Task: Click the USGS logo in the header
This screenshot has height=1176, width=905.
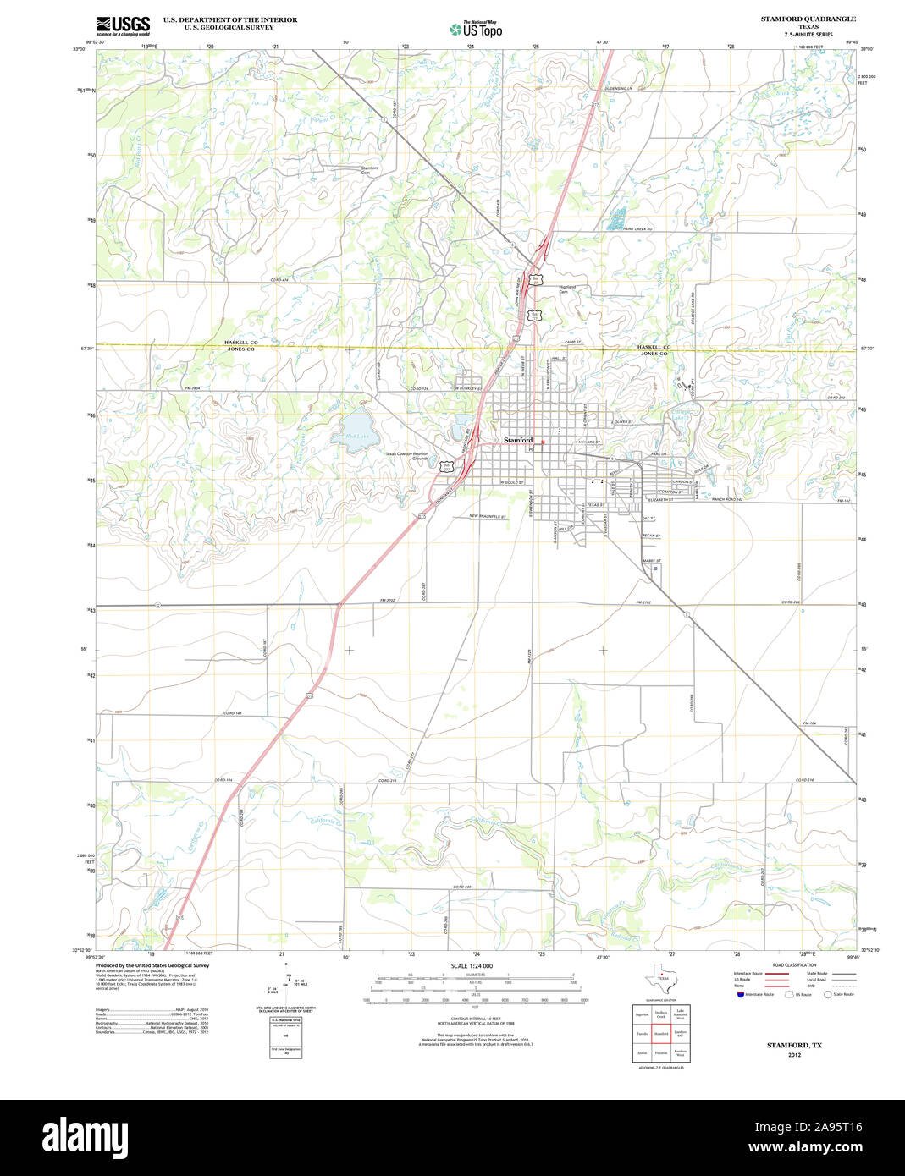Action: tap(123, 25)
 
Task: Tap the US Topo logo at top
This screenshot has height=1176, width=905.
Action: tap(476, 28)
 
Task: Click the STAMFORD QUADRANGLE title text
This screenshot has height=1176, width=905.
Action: tap(808, 19)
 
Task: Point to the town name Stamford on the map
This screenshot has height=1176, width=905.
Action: tap(518, 440)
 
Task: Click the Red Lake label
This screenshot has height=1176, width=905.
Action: tap(356, 437)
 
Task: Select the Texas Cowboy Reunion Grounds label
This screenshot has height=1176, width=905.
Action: tap(407, 455)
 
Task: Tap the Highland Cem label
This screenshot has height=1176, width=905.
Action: tap(567, 289)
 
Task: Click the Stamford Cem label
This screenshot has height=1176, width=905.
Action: tap(370, 170)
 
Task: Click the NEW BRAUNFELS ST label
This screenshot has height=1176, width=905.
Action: tap(488, 517)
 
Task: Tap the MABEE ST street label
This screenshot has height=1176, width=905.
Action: tap(651, 561)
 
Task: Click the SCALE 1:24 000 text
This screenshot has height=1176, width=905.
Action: tap(472, 966)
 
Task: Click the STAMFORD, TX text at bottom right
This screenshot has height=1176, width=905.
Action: tap(794, 1046)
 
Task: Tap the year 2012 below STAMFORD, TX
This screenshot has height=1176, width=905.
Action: tap(794, 1055)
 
